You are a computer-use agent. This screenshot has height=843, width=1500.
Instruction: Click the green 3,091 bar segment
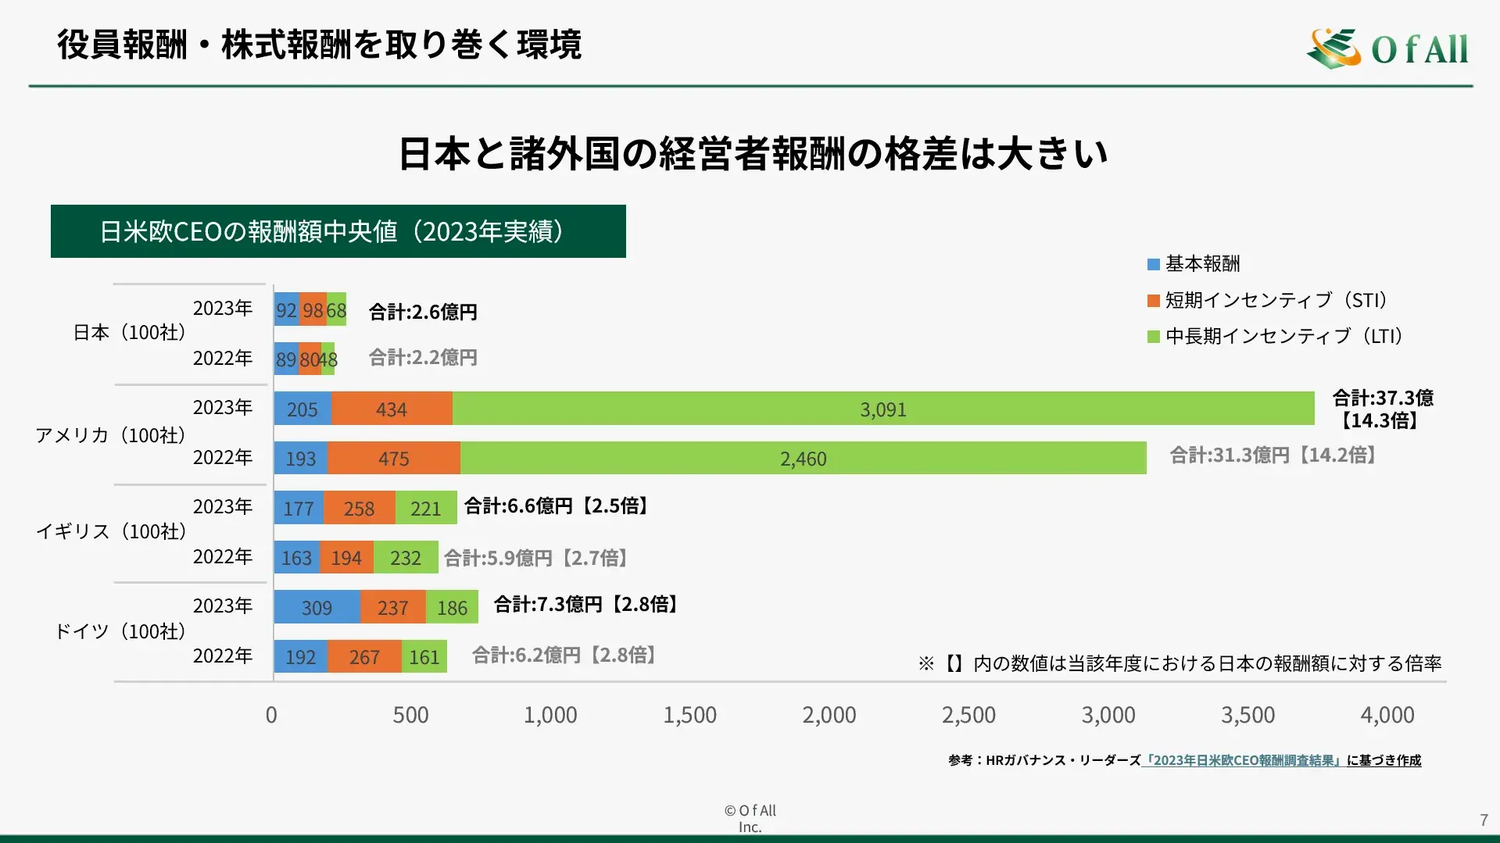pyautogui.click(x=883, y=409)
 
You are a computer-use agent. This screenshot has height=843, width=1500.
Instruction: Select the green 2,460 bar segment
pyautogui.click(x=803, y=459)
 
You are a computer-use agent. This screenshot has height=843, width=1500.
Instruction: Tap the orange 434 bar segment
pyautogui.click(x=392, y=409)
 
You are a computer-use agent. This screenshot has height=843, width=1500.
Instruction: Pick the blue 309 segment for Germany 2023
pyautogui.click(x=317, y=608)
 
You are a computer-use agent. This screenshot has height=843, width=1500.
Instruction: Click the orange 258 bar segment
pyautogui.click(x=360, y=509)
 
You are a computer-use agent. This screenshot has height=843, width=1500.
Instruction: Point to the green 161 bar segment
pyautogui.click(x=424, y=657)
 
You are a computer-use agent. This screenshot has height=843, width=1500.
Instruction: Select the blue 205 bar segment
pyautogui.click(x=303, y=409)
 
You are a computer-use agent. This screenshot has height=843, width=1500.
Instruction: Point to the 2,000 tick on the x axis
pyautogui.click(x=829, y=715)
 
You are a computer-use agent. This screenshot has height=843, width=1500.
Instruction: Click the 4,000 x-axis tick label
pyautogui.click(x=1387, y=715)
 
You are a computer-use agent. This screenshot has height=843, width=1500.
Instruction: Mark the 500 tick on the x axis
pyautogui.click(x=410, y=715)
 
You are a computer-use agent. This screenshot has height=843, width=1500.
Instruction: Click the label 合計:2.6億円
pyautogui.click(x=423, y=312)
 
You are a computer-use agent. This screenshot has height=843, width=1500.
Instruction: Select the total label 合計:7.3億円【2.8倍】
pyautogui.click(x=586, y=604)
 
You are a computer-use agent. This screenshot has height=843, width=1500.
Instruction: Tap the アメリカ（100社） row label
pyautogui.click(x=110, y=435)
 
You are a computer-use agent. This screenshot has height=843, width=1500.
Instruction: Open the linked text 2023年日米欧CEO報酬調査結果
pyautogui.click(x=1243, y=760)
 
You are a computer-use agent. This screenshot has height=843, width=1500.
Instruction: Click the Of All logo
pyautogui.click(x=1387, y=48)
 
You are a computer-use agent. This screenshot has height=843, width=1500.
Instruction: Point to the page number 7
pyautogui.click(x=1484, y=820)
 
